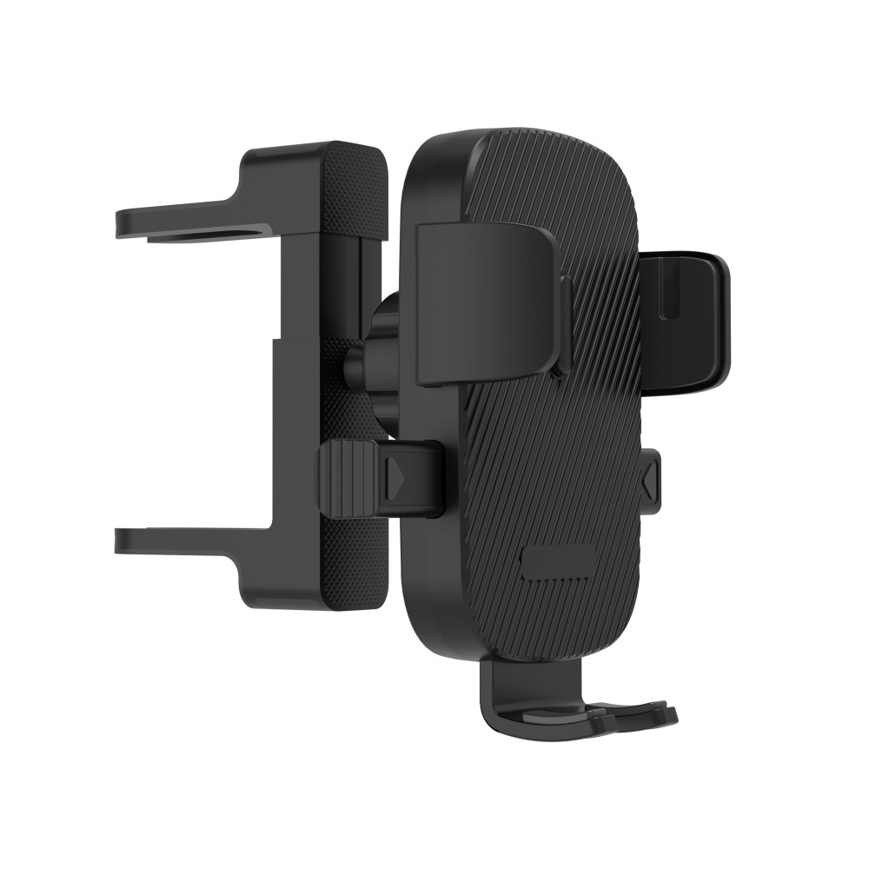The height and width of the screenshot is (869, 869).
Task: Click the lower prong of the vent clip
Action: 174,541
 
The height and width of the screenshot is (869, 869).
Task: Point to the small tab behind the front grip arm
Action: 566,322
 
